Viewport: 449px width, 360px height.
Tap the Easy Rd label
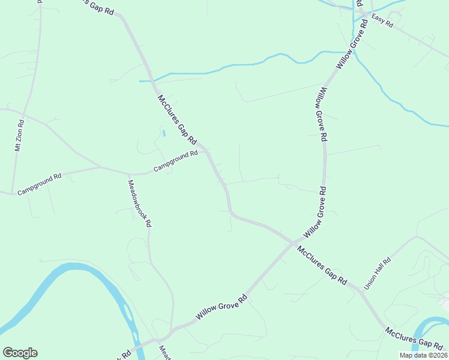tap(382, 22)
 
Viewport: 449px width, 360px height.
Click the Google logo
tap(20, 353)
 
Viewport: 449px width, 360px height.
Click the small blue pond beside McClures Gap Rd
tap(163, 132)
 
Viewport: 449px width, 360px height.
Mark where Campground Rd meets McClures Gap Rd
tap(206, 150)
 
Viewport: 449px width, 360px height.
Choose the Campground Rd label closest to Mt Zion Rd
tap(40, 184)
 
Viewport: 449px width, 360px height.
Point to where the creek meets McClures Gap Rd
tap(152, 80)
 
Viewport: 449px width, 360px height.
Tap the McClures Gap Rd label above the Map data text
tap(414, 338)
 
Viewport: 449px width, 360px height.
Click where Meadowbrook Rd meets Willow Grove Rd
tap(172, 330)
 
